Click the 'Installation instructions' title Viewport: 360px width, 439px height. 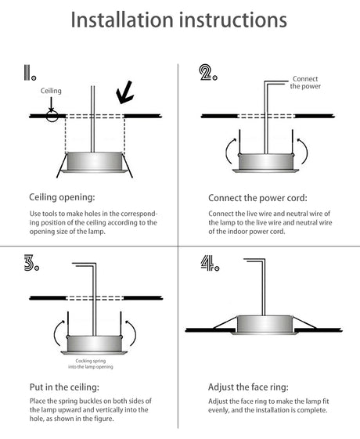[179, 20]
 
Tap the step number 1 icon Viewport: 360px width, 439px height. [30, 73]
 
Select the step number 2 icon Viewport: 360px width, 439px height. [208, 73]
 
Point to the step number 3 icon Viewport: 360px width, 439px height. [31, 263]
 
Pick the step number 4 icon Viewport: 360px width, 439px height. [210, 263]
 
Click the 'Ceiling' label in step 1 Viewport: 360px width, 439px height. [51, 91]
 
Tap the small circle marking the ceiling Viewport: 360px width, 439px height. [52, 116]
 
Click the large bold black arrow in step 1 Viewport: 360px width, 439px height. [124, 92]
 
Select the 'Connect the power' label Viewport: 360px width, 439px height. [305, 83]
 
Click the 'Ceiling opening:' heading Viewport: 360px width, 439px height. [62, 197]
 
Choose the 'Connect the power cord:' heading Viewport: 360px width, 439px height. [257, 198]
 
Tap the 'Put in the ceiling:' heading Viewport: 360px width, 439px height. [64, 387]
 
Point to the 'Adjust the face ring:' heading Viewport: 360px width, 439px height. [248, 387]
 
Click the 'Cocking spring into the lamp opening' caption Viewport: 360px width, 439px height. [91, 364]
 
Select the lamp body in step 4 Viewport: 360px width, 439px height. [265, 324]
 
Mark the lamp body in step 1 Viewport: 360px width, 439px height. [95, 161]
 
